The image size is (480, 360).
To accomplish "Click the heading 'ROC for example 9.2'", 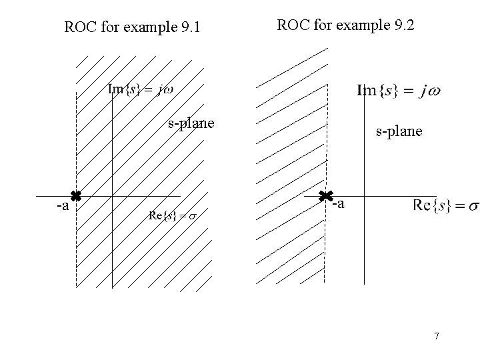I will point(345,26).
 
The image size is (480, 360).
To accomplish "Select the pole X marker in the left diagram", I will point(76,196).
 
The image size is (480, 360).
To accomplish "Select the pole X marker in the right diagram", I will point(325,196).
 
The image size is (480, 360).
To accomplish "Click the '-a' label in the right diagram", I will point(339,204).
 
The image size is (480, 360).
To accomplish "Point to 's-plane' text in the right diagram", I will point(399,131).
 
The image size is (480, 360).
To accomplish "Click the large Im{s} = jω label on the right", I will point(399,90).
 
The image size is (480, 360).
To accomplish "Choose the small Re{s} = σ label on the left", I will point(173,215).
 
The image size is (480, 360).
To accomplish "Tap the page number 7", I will point(436,336).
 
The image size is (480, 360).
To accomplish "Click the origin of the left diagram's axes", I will point(112,196).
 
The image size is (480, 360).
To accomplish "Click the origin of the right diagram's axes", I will point(365,196).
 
